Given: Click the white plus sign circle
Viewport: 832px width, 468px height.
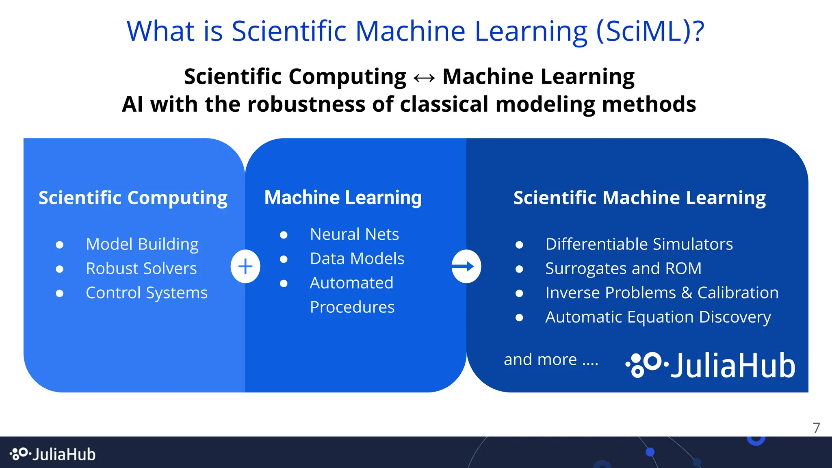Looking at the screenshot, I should point(245,266).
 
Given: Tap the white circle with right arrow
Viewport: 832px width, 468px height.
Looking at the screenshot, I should point(466,266).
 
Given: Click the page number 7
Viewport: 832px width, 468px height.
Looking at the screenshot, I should point(817,428).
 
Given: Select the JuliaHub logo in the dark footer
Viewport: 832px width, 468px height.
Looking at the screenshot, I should point(53,454).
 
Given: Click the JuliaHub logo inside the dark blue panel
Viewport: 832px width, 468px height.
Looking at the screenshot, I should point(710,365).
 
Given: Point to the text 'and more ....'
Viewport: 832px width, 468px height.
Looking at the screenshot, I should point(551,360).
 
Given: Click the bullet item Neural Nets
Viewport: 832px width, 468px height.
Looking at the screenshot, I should point(354,234).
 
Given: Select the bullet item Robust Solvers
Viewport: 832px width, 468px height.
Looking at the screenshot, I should point(141,269).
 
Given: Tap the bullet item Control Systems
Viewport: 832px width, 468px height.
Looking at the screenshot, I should point(147,293).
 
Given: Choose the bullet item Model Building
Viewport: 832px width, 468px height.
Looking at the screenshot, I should point(142,244).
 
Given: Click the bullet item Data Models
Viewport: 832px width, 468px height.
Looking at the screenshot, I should point(357,259).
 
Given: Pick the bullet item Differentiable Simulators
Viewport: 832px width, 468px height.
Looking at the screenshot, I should point(639,244).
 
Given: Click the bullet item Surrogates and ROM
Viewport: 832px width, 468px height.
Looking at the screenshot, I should point(623,269).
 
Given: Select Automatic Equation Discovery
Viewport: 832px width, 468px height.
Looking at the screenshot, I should point(658,317).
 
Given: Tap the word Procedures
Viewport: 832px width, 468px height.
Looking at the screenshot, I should point(352,307).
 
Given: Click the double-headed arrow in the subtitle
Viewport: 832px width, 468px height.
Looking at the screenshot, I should point(424,77).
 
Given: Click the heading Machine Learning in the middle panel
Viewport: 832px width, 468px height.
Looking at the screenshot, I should point(343,198).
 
